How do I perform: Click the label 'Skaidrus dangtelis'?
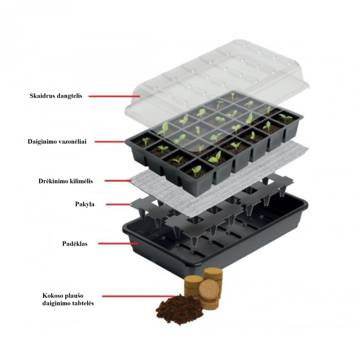pyautogui.click(x=56, y=96)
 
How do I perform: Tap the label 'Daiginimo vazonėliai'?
pyautogui.click(x=57, y=142)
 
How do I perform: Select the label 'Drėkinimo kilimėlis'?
pyautogui.click(x=66, y=181)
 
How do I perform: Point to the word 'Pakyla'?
pyautogui.click(x=85, y=204)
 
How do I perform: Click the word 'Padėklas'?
pyautogui.click(x=75, y=243)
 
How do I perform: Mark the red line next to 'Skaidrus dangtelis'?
pyautogui.click(x=114, y=96)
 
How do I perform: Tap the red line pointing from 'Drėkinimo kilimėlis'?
pyautogui.click(x=118, y=181)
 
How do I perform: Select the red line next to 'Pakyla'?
pyautogui.click(x=118, y=204)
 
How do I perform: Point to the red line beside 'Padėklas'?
pyautogui.click(x=118, y=243)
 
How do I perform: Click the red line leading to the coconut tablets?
pyautogui.click(x=139, y=297)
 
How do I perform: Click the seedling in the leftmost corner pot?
pyautogui.click(x=145, y=141)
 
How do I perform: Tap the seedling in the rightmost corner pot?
pyautogui.click(x=286, y=118)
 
